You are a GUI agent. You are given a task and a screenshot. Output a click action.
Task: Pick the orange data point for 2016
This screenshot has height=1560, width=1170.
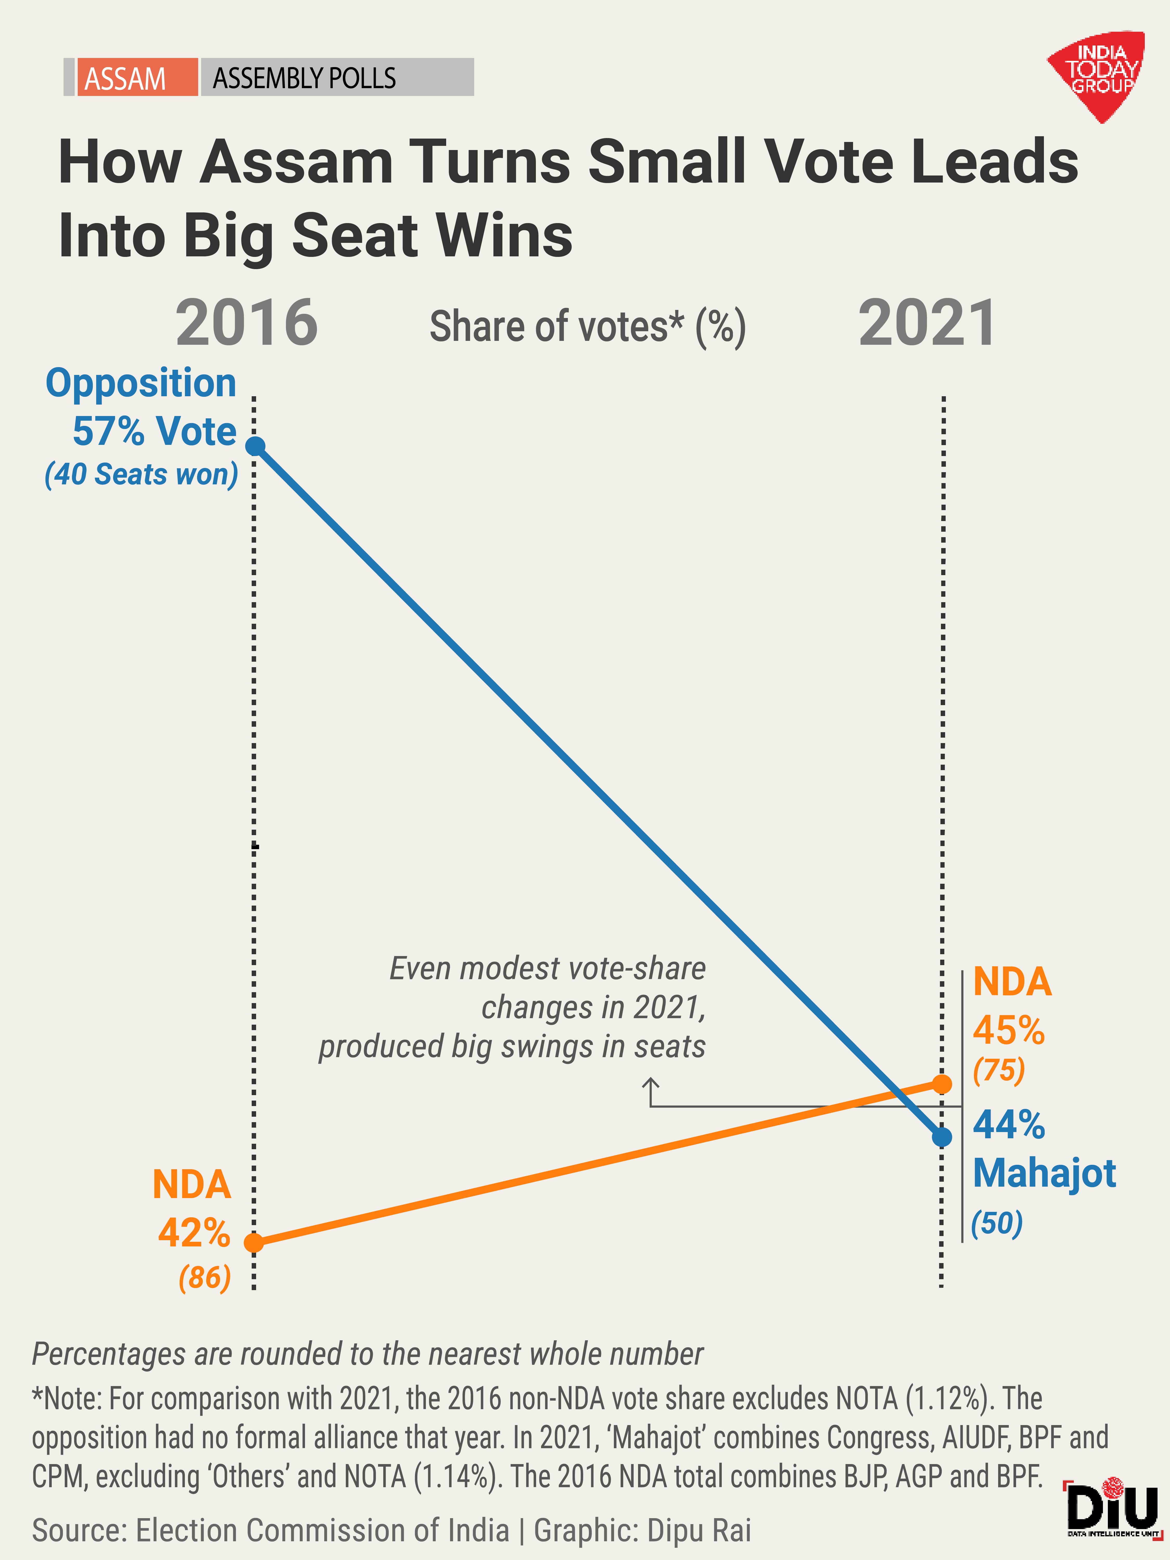pos(254,1243)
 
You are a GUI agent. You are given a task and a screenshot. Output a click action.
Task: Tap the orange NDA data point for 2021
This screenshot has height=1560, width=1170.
pos(941,1084)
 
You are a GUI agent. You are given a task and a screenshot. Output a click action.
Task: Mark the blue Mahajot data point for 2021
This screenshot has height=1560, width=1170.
pos(941,1137)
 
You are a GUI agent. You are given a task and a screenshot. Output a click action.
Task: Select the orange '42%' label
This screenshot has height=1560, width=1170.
pos(194,1233)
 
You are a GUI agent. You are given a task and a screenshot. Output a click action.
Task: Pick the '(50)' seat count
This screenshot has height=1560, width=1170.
pos(997,1223)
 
